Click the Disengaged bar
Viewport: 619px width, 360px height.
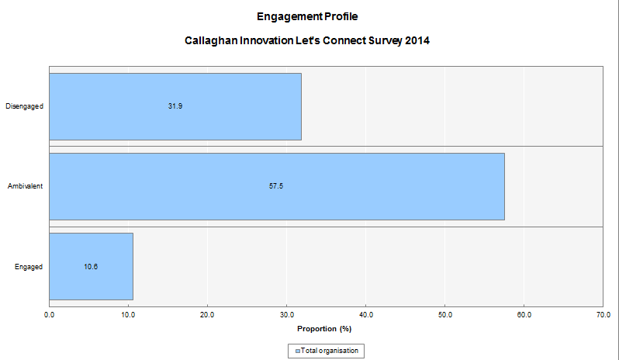click(175, 106)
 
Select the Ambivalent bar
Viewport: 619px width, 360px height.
click(277, 186)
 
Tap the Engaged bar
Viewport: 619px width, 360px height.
click(91, 266)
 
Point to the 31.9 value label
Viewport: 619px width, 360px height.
click(175, 106)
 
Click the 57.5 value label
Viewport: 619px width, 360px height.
click(276, 186)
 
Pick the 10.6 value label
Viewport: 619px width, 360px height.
click(91, 267)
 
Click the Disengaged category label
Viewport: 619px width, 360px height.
click(24, 106)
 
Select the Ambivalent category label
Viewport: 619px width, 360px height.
click(25, 186)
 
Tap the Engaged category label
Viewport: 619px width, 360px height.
click(29, 267)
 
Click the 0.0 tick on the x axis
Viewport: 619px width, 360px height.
click(50, 314)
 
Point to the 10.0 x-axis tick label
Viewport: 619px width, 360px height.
click(128, 314)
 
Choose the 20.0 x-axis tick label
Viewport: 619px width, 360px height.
click(207, 314)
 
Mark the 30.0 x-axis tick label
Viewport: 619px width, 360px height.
click(286, 314)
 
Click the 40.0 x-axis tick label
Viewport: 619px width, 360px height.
click(365, 314)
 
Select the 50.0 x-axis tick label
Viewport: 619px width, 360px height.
click(444, 314)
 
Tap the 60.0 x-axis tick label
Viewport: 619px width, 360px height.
click(524, 314)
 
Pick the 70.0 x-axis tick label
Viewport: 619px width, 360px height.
click(603, 314)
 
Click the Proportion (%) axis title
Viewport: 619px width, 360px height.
click(325, 328)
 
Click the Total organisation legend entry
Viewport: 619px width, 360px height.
click(326, 351)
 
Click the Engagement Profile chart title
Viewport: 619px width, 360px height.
click(307, 16)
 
